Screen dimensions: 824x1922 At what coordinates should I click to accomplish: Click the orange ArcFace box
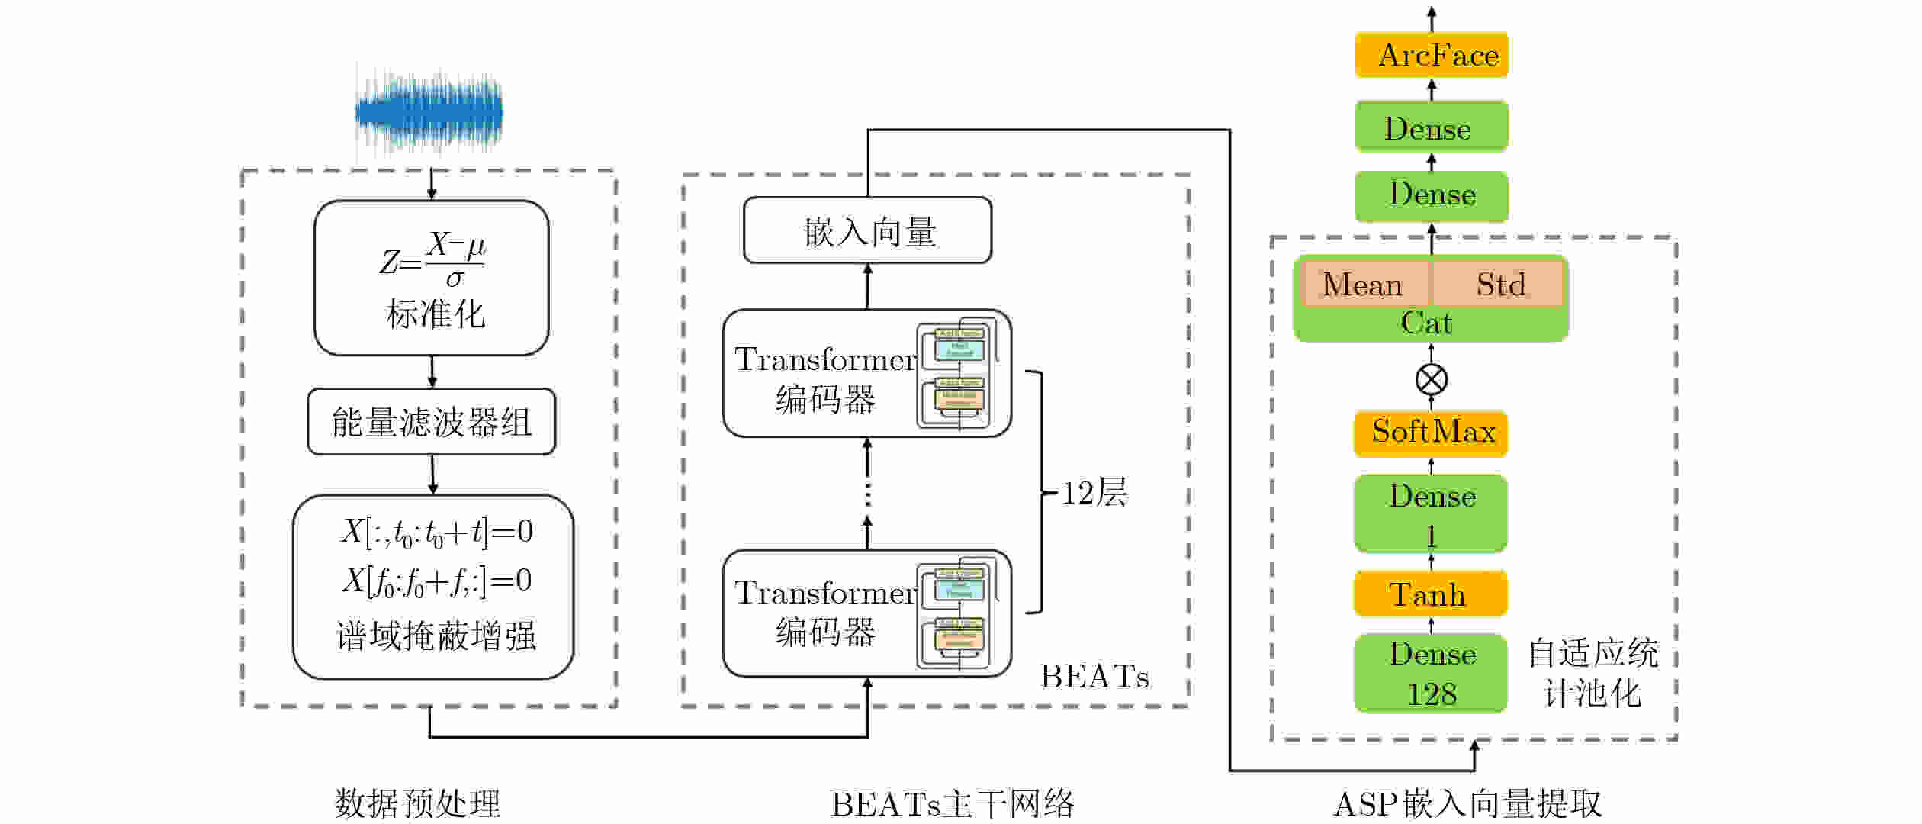[x=1431, y=55]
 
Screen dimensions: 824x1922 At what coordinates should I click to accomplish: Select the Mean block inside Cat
[x=1362, y=284]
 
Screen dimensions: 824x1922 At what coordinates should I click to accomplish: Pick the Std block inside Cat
[x=1499, y=284]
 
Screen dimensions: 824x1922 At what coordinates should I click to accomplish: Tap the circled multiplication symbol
[x=1431, y=379]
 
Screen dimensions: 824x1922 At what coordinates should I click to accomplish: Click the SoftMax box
[x=1431, y=433]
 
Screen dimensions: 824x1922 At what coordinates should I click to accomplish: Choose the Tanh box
[x=1431, y=594]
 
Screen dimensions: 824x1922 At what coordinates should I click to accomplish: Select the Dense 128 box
[x=1431, y=673]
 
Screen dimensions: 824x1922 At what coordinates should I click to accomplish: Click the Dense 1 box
[x=1431, y=513]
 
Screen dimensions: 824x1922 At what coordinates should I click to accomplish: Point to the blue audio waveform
[x=429, y=112]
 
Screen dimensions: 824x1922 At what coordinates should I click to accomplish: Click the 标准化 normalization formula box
[x=432, y=278]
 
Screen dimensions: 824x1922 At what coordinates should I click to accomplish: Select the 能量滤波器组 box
[x=432, y=422]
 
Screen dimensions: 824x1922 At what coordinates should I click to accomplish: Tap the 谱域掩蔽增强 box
[x=433, y=587]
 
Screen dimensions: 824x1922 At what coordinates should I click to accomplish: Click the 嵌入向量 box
[x=868, y=230]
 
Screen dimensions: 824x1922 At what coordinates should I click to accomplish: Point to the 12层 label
[x=1094, y=493]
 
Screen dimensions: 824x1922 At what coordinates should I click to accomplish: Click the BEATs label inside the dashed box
[x=1094, y=677]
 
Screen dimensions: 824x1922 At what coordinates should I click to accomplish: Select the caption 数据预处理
[x=417, y=803]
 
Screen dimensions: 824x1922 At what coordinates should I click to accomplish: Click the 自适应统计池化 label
[x=1593, y=673]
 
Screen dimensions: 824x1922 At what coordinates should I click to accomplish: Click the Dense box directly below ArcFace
[x=1431, y=127]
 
